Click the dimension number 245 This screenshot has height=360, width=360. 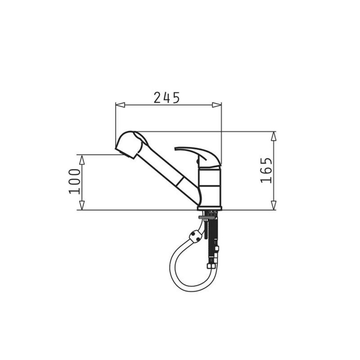click(x=166, y=97)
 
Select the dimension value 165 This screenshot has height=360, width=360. click(x=266, y=170)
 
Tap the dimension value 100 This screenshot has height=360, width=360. click(x=75, y=181)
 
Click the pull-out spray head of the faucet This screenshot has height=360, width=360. click(x=131, y=144)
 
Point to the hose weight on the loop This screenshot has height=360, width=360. click(x=196, y=235)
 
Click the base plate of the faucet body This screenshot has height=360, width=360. click(x=209, y=208)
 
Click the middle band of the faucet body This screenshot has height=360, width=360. click(x=210, y=180)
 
